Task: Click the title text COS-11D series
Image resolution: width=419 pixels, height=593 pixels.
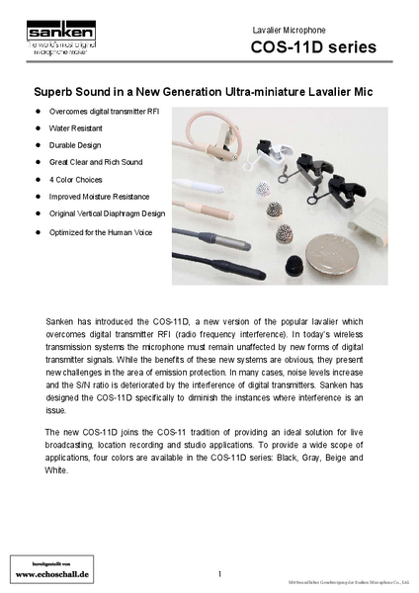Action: (x=313, y=47)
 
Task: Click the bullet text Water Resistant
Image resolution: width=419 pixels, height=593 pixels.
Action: (x=78, y=127)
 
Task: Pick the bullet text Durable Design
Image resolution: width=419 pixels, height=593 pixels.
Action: (x=76, y=144)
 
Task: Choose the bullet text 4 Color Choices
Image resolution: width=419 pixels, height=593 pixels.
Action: (x=76, y=179)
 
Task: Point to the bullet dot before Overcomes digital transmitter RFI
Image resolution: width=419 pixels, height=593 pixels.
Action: (x=38, y=111)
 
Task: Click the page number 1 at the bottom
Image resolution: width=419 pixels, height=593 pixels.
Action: (x=218, y=573)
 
